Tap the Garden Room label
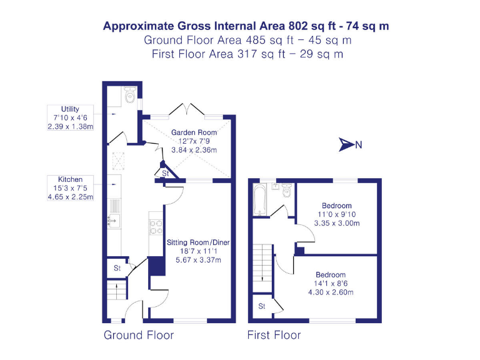pyautogui.click(x=194, y=132)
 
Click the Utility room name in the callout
pyautogui.click(x=70, y=109)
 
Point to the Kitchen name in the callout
pyautogui.click(x=70, y=180)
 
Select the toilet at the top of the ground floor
pyautogui.click(x=130, y=96)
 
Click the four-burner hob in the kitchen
pyautogui.click(x=156, y=226)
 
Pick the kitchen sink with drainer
pyautogui.click(x=114, y=212)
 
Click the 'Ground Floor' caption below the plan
pyautogui.click(x=139, y=336)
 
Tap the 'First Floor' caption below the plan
pyautogui.click(x=274, y=336)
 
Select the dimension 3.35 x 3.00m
pyautogui.click(x=337, y=223)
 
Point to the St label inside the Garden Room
pyautogui.click(x=165, y=173)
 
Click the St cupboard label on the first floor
pyautogui.click(x=261, y=306)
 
